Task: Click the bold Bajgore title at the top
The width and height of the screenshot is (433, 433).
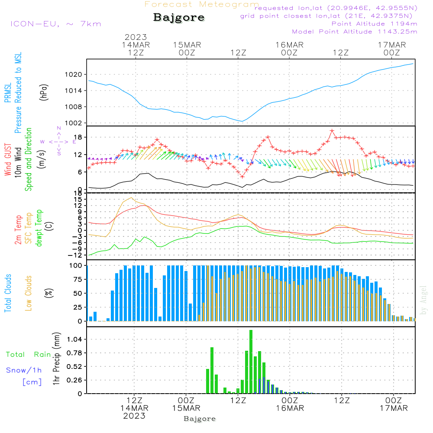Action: coord(179,18)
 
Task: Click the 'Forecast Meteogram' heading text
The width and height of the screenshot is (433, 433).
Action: coord(201,4)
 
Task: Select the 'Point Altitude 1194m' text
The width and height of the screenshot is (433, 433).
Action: coord(374,23)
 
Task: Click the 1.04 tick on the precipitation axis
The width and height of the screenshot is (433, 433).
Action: coord(74,339)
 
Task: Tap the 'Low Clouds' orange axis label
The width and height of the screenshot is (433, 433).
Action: coord(29,293)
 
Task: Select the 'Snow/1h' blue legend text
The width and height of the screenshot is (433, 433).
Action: coord(24,370)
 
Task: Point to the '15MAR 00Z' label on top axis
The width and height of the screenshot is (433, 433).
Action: coord(187,48)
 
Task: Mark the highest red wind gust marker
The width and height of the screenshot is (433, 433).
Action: coord(332,131)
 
